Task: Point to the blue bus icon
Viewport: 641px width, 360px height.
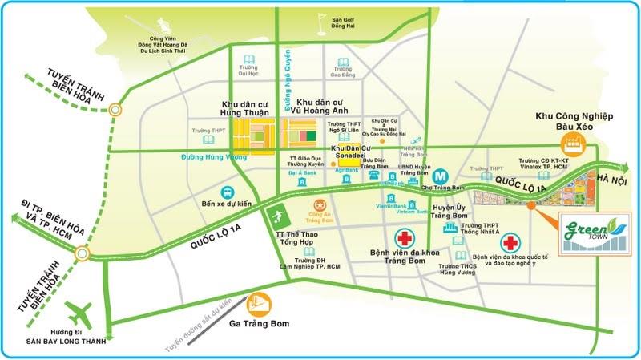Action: tap(228, 193)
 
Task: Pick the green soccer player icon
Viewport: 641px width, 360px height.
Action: tap(276, 216)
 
